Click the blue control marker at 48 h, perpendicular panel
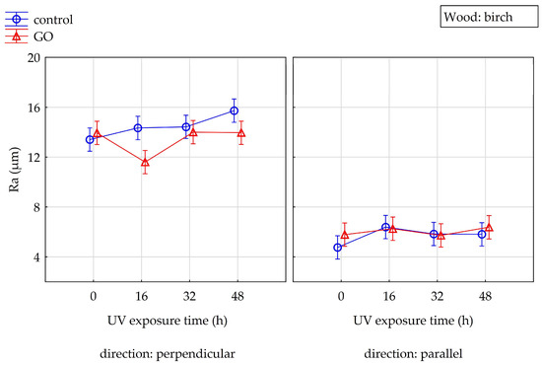tap(234, 110)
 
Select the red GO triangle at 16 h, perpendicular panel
tap(145, 162)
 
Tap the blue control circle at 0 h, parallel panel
tap(338, 248)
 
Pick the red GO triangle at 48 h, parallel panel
tap(489, 227)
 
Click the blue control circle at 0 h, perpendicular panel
tap(90, 140)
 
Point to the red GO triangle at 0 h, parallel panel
tap(344, 235)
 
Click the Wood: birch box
tap(489, 16)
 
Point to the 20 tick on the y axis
tap(34, 57)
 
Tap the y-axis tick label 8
tap(36, 207)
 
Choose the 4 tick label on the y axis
tap(36, 257)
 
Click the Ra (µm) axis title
tap(15, 170)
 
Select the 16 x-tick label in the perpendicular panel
tap(141, 296)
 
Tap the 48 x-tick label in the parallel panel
tap(485, 296)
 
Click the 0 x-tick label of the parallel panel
tap(341, 296)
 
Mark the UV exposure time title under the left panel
tap(168, 321)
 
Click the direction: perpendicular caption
tap(168, 354)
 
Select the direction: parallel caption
tap(413, 354)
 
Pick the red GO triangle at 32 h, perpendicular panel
tap(193, 132)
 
